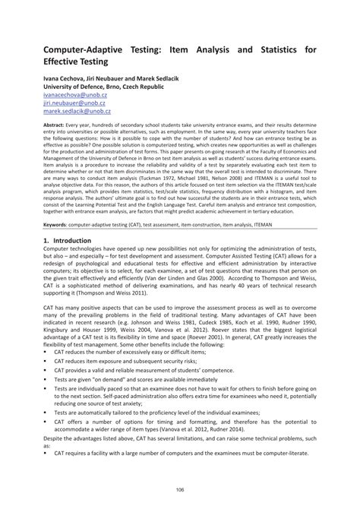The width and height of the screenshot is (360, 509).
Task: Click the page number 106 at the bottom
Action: coord(180,488)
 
